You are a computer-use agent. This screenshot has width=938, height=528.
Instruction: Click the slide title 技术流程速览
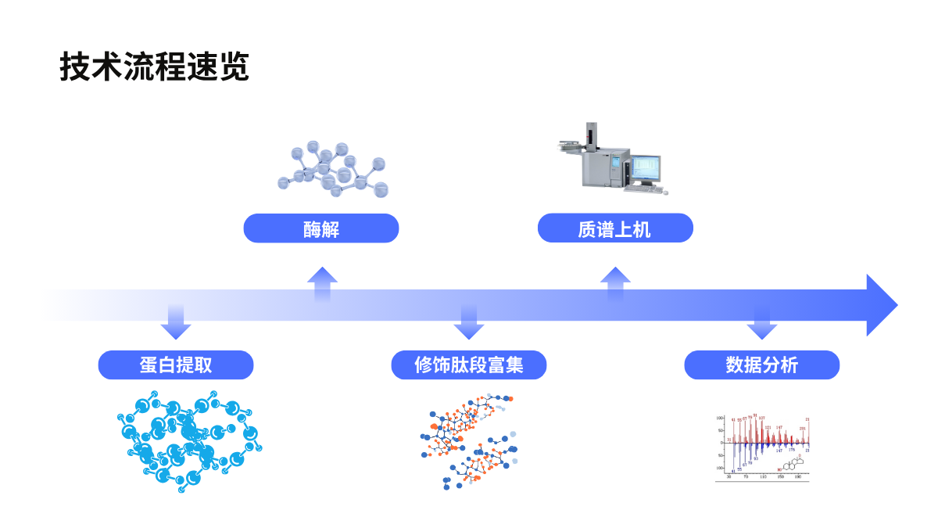click(154, 67)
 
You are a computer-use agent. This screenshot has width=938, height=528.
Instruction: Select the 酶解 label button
click(321, 228)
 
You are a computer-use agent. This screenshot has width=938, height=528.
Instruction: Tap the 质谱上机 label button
click(615, 228)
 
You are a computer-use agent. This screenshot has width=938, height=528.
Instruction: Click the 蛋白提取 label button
click(176, 365)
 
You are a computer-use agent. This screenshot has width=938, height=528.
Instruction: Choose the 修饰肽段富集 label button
click(469, 365)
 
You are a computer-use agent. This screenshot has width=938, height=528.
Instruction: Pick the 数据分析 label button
click(762, 365)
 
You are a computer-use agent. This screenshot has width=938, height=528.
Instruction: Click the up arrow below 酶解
click(322, 282)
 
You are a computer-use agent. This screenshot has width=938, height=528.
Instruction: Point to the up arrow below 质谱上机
click(615, 282)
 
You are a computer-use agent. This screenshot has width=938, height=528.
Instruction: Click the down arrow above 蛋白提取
click(176, 323)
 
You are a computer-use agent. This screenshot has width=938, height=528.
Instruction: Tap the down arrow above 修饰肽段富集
click(469, 323)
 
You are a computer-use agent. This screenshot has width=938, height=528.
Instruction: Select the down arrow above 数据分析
click(761, 323)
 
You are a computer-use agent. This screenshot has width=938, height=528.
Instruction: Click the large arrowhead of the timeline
click(881, 305)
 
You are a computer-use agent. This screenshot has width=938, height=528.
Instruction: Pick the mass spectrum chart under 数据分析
click(762, 447)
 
